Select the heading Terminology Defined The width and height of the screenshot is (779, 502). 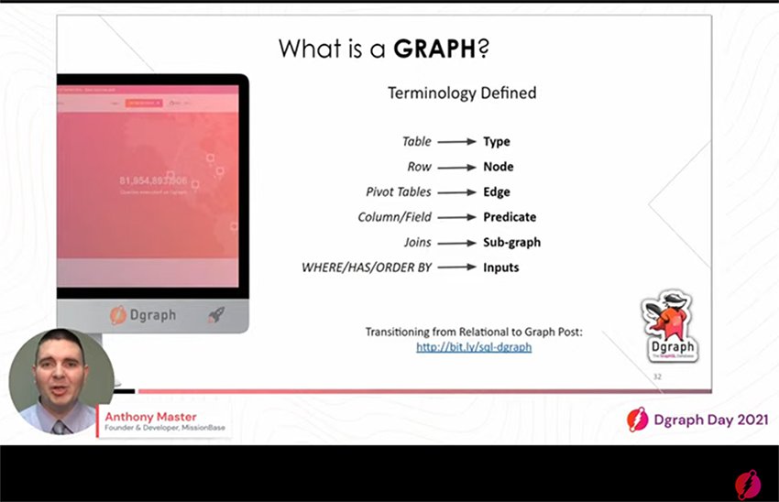click(462, 93)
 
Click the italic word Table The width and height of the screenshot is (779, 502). click(416, 142)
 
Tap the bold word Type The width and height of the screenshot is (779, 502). click(497, 142)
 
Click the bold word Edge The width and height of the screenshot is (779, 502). click(497, 192)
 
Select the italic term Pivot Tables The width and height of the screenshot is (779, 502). click(398, 192)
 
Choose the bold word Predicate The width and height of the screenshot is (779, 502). click(510, 217)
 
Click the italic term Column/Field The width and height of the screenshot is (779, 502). click(394, 217)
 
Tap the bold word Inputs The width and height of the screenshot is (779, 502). click(501, 267)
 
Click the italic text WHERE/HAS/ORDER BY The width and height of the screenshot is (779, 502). click(367, 267)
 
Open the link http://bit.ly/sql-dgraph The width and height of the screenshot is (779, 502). click(474, 347)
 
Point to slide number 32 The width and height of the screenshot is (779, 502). click(657, 377)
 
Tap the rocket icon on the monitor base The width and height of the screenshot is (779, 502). click(216, 315)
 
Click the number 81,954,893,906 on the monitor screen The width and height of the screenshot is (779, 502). click(153, 180)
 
